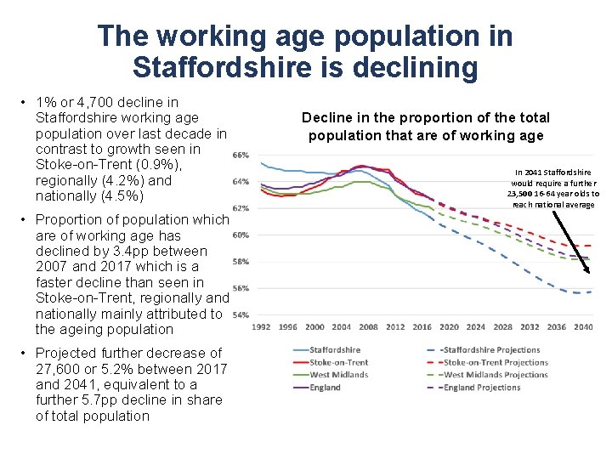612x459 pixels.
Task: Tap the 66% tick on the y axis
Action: (x=241, y=155)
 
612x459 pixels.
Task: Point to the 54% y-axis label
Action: (x=241, y=314)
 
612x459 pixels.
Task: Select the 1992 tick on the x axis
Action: (x=261, y=326)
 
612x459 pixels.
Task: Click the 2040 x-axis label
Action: (x=583, y=326)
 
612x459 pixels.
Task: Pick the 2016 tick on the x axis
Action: (x=422, y=326)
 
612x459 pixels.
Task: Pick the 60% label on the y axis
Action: (x=241, y=235)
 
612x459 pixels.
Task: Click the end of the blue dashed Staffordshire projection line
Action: (x=591, y=292)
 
